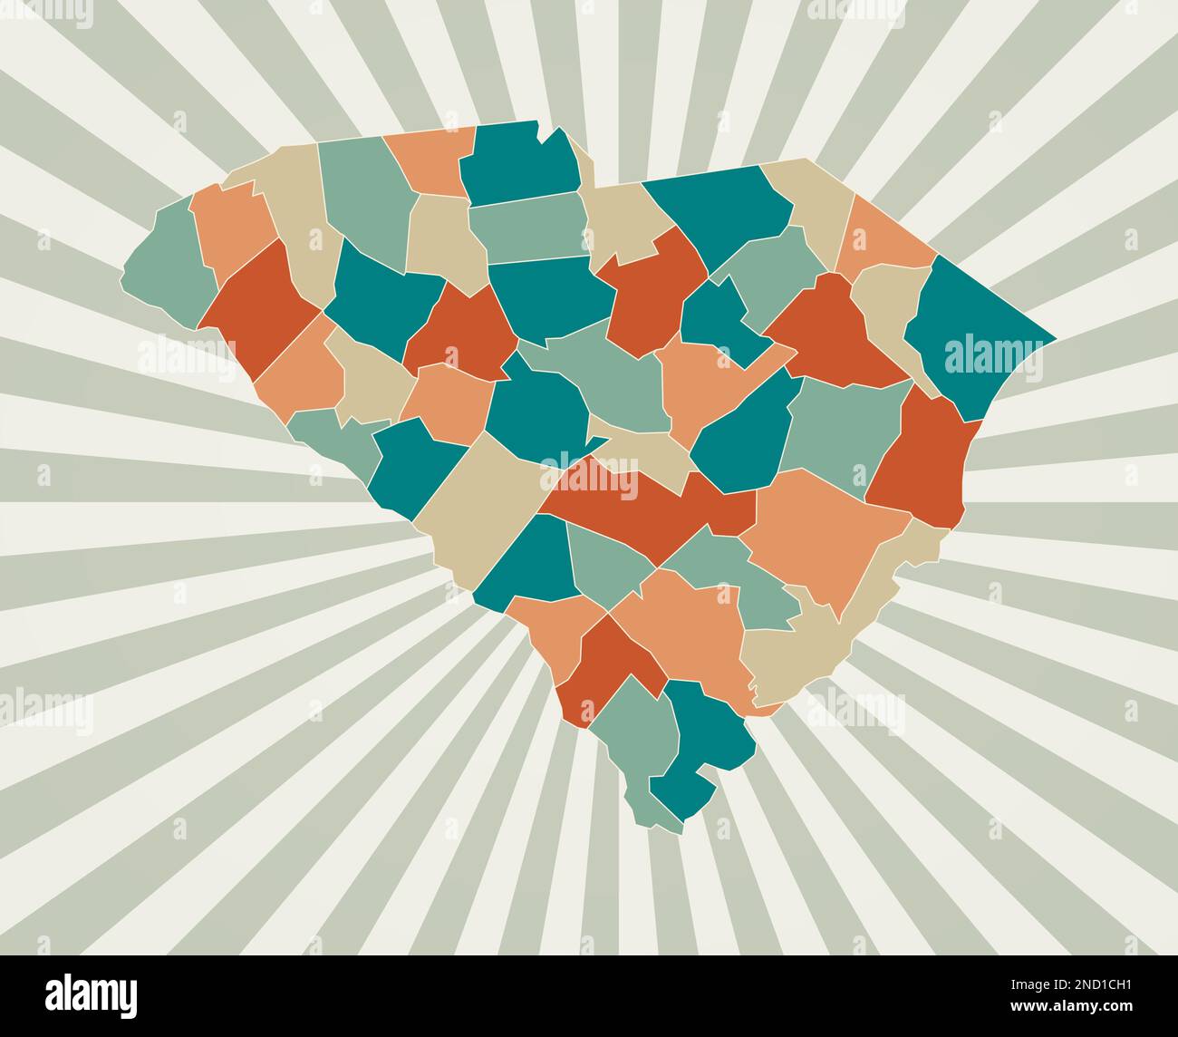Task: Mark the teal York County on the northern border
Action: (521, 163)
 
